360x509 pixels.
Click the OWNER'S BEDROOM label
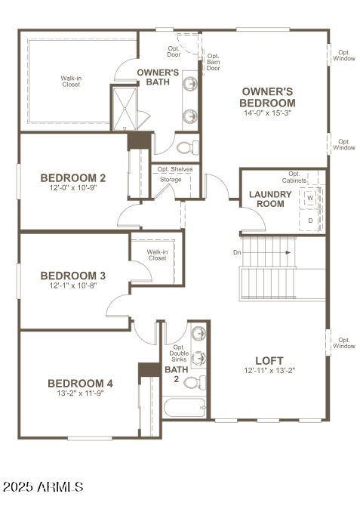coord(267,96)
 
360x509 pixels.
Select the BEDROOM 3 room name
coord(72,275)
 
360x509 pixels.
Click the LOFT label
coord(269,360)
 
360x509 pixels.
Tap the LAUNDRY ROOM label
coord(266,199)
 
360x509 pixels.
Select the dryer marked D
coord(310,220)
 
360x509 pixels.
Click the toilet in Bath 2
coord(194,382)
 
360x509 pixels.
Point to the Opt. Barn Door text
coord(213,62)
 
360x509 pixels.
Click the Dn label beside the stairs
coord(237,252)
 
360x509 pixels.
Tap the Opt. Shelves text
coord(176,169)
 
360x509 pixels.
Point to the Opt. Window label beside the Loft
coord(344,343)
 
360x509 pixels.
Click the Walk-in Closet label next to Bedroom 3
coord(157,254)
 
